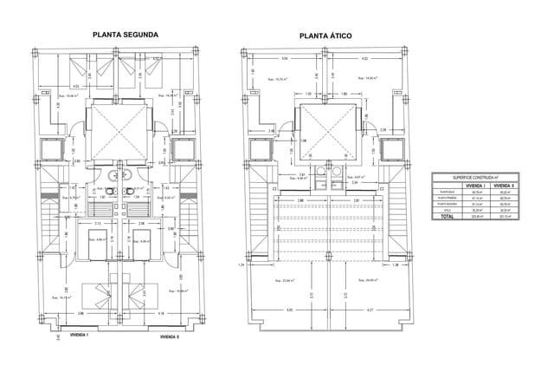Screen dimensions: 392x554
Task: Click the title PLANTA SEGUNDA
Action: (x=125, y=35)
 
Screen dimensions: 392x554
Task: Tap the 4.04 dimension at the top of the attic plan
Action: (x=284, y=59)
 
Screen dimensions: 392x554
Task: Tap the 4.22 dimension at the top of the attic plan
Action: (x=364, y=59)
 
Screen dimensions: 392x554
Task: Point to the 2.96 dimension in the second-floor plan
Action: (x=81, y=312)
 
